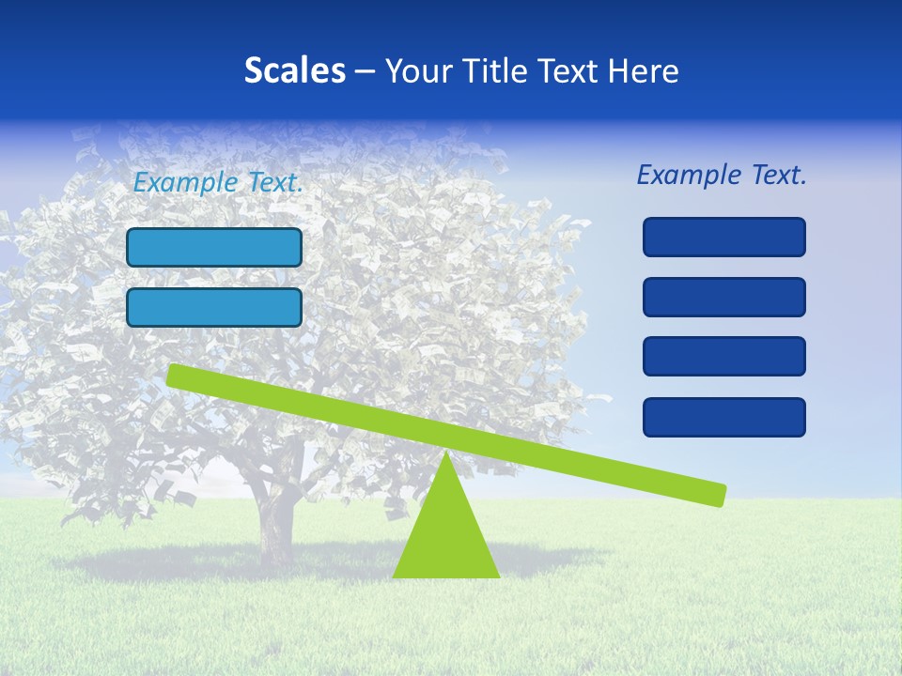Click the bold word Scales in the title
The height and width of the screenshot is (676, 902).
pyautogui.click(x=295, y=71)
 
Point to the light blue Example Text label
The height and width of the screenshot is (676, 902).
pyautogui.click(x=218, y=183)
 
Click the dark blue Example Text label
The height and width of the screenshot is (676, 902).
pyautogui.click(x=722, y=175)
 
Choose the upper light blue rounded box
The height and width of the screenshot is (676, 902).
pyautogui.click(x=214, y=247)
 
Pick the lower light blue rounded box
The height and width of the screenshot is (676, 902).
pyautogui.click(x=214, y=307)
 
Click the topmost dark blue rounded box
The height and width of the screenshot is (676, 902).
pyautogui.click(x=724, y=237)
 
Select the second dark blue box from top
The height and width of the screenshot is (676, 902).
pyautogui.click(x=724, y=297)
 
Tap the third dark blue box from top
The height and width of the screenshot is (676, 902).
pyautogui.click(x=724, y=357)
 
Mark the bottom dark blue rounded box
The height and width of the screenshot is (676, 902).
pyautogui.click(x=724, y=417)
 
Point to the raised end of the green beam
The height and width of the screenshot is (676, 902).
pyautogui.click(x=179, y=376)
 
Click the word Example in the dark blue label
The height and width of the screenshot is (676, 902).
pyautogui.click(x=688, y=175)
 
